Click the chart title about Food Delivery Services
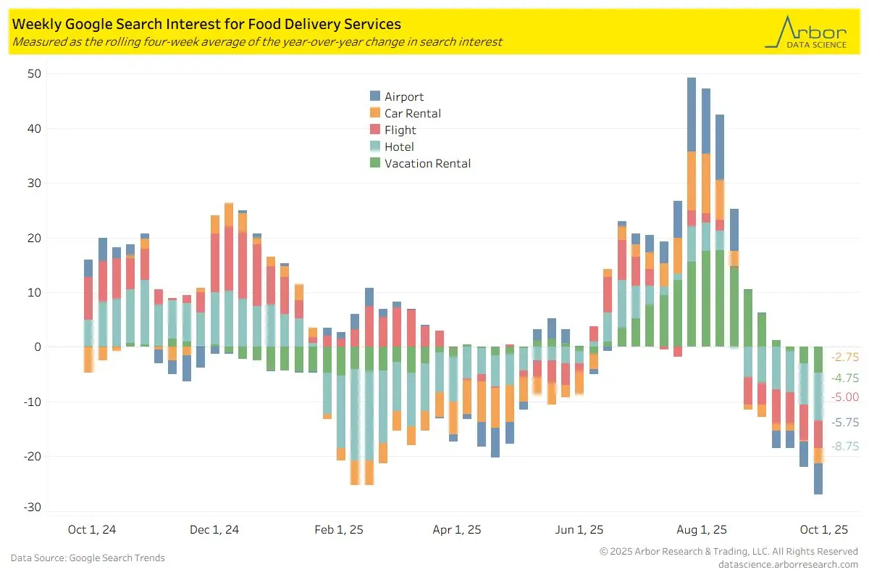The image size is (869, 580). coord(206,25)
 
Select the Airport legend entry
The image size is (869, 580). coord(404,96)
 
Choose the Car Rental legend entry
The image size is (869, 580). coord(412,113)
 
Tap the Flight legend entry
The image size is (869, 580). coord(400,130)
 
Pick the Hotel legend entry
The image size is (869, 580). coord(399,146)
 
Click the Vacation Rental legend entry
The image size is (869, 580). coord(427,163)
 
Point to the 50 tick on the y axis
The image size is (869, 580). coord(35,74)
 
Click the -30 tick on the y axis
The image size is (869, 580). coord(33,507)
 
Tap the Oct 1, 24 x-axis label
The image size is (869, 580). coord(91,530)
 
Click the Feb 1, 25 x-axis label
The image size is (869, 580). coord(339,530)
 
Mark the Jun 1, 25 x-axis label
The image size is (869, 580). coord(579,530)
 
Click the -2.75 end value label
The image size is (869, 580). coord(845,357)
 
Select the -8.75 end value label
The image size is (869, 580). coord(845,446)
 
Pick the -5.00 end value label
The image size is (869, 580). coord(845,397)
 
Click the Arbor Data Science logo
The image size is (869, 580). coord(805,33)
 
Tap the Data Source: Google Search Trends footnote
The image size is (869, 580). coord(88,558)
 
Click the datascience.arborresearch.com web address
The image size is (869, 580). coord(788,564)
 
